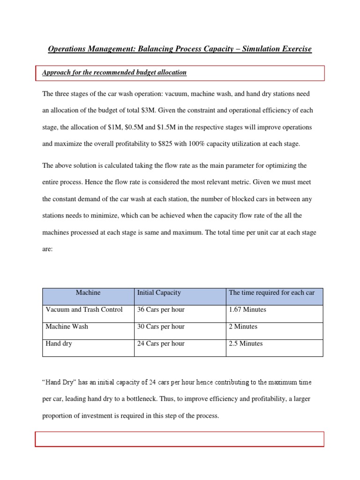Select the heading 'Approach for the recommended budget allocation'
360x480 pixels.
coord(114,73)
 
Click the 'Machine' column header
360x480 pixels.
coord(88,292)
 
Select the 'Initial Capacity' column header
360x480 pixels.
coord(159,292)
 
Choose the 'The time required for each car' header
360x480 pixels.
coord(271,292)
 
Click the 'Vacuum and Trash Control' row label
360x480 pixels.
coord(84,309)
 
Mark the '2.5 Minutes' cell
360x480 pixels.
coord(246,344)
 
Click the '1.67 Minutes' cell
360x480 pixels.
coord(247,309)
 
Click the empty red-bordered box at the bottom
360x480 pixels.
coord(180,439)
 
